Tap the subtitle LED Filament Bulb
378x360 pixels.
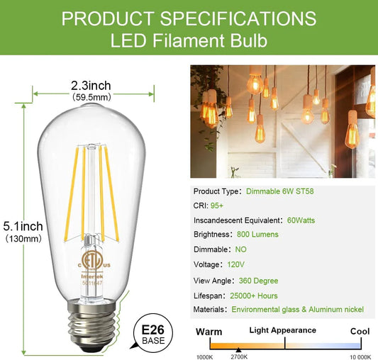coord(189,41)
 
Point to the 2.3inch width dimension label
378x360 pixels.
coord(91,86)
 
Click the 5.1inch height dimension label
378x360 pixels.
coord(22,226)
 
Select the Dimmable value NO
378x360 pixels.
coord(241,249)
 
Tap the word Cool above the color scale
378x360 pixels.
coord(360,331)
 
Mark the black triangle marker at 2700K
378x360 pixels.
coord(238,350)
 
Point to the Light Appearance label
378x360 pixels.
coord(282,330)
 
